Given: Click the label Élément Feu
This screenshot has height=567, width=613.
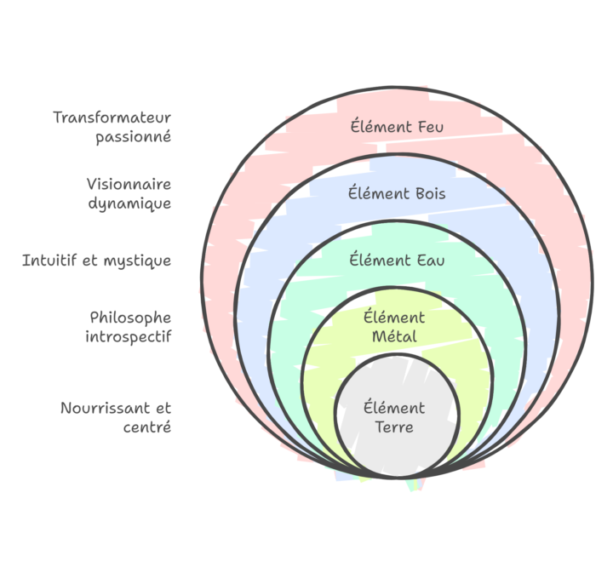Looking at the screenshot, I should click(x=397, y=127).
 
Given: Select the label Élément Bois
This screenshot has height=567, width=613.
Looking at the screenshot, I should click(x=397, y=193).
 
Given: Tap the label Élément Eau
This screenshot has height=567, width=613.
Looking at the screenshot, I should click(x=397, y=259).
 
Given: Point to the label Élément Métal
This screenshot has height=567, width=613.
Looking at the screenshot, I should click(x=395, y=327).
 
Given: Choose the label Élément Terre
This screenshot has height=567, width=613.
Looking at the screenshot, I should click(x=394, y=418).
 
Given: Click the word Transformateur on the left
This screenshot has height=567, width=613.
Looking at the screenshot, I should click(x=112, y=117).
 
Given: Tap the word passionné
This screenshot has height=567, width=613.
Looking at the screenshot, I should click(x=133, y=136).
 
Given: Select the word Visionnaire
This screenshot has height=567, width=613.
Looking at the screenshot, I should click(x=129, y=184).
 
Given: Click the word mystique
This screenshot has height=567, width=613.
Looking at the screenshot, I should click(x=137, y=261).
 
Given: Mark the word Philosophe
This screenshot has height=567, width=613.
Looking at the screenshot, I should click(x=130, y=318).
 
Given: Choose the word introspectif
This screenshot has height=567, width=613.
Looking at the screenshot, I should click(x=129, y=336).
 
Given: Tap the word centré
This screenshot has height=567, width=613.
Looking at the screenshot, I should click(x=147, y=427).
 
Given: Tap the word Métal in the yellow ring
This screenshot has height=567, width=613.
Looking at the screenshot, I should click(x=395, y=336).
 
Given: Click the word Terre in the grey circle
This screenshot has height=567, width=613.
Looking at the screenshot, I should click(x=394, y=427).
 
